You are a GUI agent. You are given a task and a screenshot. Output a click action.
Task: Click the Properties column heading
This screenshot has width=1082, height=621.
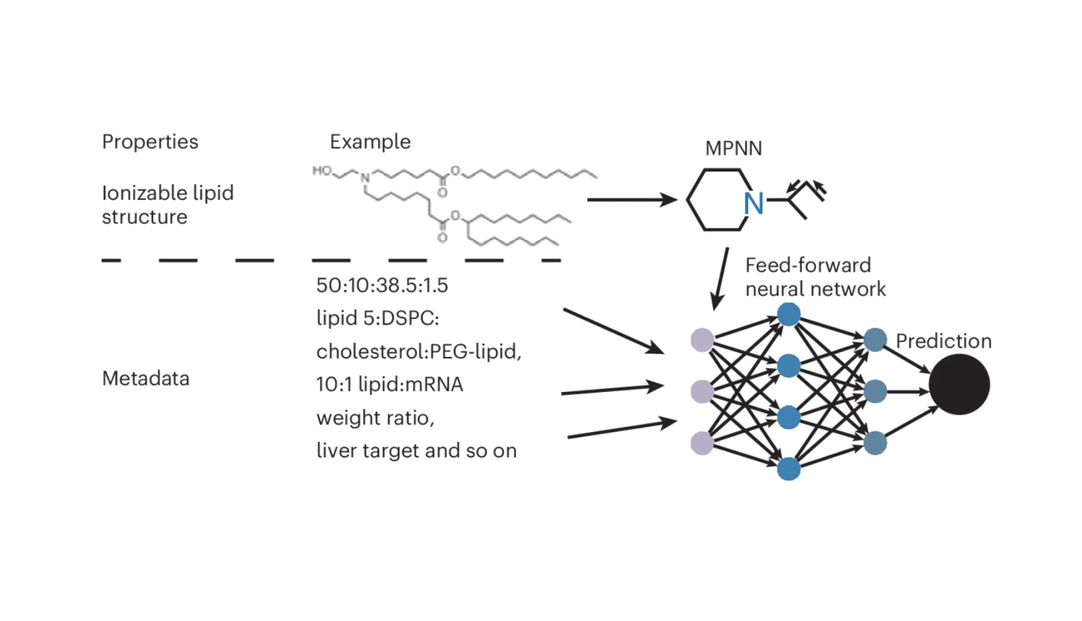pyautogui.click(x=150, y=142)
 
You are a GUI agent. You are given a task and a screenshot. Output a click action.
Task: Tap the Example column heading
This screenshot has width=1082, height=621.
pyautogui.click(x=370, y=142)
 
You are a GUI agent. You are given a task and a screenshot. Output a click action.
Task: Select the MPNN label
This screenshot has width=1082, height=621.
pyautogui.click(x=733, y=148)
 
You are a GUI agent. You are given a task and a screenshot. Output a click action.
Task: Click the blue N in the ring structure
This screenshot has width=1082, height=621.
pyautogui.click(x=753, y=204)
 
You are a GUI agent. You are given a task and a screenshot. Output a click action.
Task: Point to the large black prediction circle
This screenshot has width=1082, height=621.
pyautogui.click(x=959, y=385)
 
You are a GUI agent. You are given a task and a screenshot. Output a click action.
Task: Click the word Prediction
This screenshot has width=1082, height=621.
pyautogui.click(x=943, y=341)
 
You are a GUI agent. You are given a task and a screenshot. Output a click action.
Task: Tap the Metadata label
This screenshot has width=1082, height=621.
pyautogui.click(x=146, y=378)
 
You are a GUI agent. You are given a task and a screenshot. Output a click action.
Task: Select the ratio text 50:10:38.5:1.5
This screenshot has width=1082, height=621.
pyautogui.click(x=382, y=285)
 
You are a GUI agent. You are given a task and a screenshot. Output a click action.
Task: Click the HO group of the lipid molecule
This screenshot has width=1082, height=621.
pyautogui.click(x=322, y=171)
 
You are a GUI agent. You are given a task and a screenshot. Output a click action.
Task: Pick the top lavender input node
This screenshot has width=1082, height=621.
pyautogui.click(x=702, y=340)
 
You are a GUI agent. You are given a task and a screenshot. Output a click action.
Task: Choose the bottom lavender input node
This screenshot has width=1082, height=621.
pyautogui.click(x=702, y=443)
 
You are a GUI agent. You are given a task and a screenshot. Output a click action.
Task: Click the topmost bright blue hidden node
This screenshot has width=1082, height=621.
pyautogui.click(x=789, y=315)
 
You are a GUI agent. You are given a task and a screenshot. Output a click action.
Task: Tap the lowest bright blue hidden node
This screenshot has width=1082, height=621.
pyautogui.click(x=789, y=469)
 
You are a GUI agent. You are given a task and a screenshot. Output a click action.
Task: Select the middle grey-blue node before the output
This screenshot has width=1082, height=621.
pyautogui.click(x=875, y=391)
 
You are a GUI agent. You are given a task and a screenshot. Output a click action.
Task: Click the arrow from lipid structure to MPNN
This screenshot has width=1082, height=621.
pyautogui.click(x=631, y=200)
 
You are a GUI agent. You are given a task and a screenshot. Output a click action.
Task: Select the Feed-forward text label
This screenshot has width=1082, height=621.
pyautogui.click(x=808, y=265)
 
